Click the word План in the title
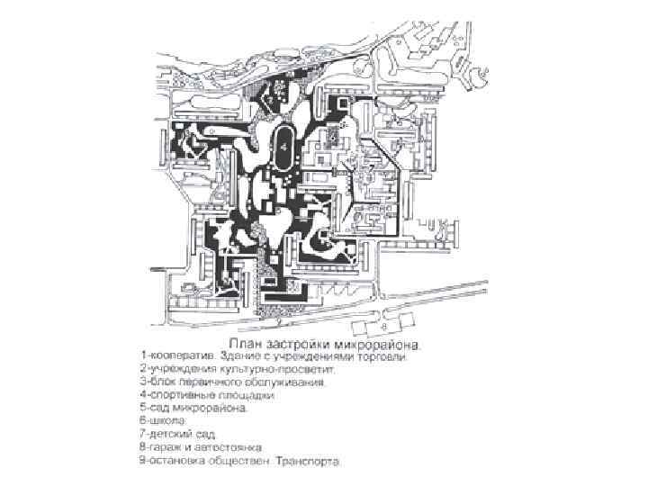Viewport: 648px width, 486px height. click(x=248, y=344)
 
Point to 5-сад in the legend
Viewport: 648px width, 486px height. click(x=154, y=407)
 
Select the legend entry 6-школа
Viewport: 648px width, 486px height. click(x=161, y=419)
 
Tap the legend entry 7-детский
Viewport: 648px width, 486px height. click(x=166, y=432)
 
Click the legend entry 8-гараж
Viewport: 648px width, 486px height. click(x=162, y=445)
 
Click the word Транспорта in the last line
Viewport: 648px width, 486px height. click(x=310, y=459)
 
